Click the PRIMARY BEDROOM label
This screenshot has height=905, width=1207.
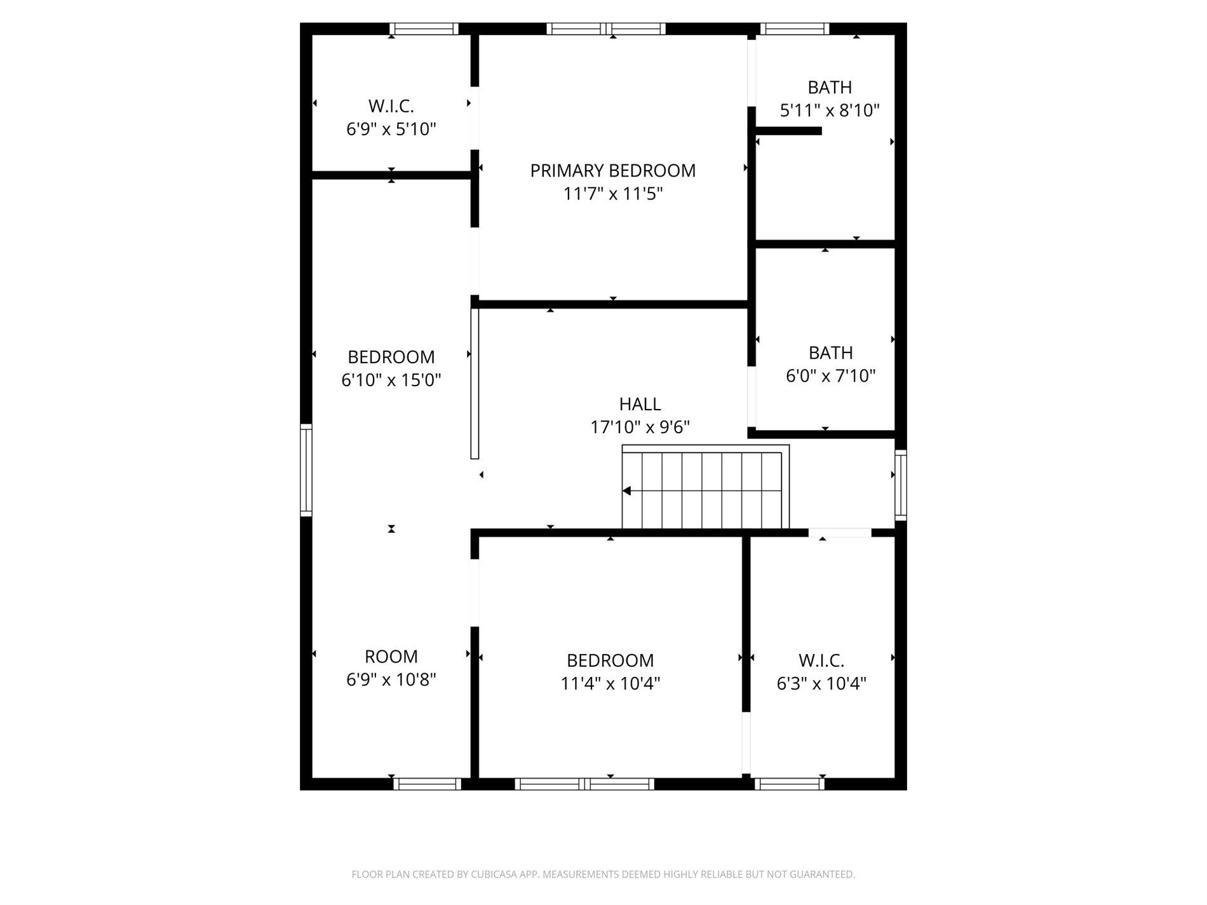point(612,171)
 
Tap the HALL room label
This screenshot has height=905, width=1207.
point(640,404)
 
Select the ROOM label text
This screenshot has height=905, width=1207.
point(391,657)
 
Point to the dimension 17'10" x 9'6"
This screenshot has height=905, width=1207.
point(640,427)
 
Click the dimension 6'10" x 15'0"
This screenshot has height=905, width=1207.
point(391,380)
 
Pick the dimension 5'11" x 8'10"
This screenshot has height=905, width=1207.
point(829,111)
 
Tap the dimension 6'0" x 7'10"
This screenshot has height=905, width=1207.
point(830,376)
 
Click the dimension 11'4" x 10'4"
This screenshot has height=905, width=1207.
point(610,684)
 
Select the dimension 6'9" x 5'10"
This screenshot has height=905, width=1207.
point(391,130)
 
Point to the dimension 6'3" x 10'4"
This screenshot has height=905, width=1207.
point(821,684)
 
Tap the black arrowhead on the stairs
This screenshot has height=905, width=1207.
point(626,491)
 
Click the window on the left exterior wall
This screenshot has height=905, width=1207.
point(306,469)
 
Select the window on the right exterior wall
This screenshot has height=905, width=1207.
point(900,485)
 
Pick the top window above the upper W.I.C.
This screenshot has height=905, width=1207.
point(424,29)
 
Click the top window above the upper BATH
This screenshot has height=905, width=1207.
point(795,29)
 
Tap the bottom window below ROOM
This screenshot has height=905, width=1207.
point(427,784)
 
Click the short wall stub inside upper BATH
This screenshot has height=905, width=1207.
point(788,131)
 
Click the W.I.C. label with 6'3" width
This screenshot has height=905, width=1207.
point(821,660)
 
